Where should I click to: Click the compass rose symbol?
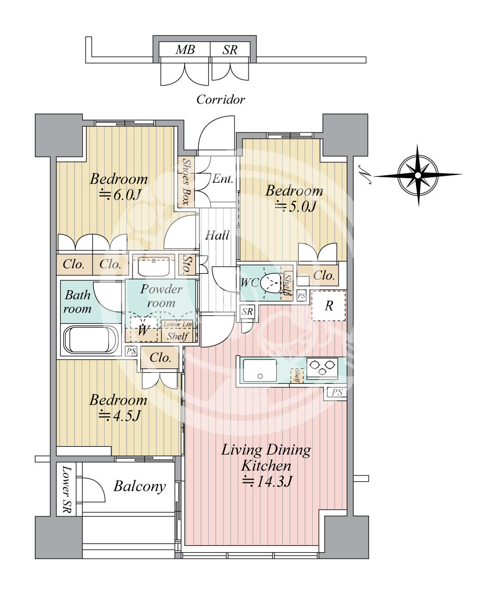click(418, 175)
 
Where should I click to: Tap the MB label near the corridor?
click(185, 50)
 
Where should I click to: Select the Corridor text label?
click(221, 100)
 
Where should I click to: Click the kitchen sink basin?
click(260, 370)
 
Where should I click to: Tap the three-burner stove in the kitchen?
click(322, 367)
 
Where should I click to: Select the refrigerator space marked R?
click(329, 306)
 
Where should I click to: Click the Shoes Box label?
click(186, 182)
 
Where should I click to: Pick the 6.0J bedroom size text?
click(120, 195)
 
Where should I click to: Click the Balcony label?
click(140, 486)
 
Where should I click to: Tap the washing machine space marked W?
click(143, 330)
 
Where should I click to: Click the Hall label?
click(217, 236)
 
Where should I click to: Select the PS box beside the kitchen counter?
click(337, 392)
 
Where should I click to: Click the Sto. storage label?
click(187, 264)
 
